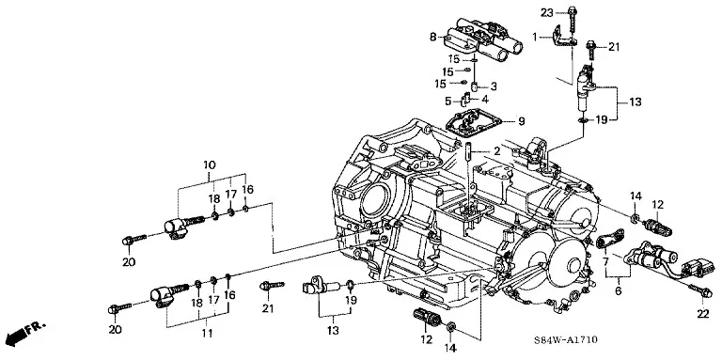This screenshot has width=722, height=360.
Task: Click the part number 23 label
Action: tap(546, 13)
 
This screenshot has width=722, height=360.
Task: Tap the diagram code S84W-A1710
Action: tap(565, 340)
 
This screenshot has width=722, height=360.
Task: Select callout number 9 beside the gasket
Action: tap(521, 121)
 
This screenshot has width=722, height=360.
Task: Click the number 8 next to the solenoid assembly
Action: tap(432, 37)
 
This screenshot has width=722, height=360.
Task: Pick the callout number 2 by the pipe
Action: tap(496, 150)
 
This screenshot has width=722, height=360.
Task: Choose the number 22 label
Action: tap(703, 313)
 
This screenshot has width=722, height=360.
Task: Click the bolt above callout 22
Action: tap(700, 291)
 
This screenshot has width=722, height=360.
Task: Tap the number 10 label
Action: tap(210, 164)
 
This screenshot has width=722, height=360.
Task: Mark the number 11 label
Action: tap(207, 333)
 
